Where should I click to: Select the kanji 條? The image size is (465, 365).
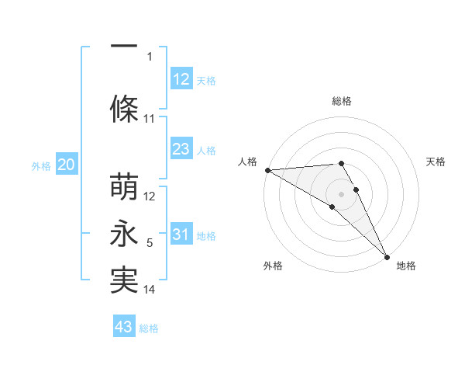coord(124,109)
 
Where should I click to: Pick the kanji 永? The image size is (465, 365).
coord(124,235)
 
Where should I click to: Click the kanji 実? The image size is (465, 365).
coord(124,280)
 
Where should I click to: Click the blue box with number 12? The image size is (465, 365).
coord(181,78)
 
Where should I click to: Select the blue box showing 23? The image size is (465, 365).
coord(181,149)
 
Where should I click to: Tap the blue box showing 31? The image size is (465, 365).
coord(181,235)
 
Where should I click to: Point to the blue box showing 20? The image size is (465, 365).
coord(67,165)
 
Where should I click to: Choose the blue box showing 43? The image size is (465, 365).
coord(124,327)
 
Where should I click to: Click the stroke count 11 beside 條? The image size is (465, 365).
coord(150,119)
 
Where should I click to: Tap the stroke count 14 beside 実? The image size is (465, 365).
coord(150,290)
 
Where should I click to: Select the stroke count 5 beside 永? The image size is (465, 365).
coord(150,243)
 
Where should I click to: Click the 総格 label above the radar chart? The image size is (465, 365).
coord(341,101)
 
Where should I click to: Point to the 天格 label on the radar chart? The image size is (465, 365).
coord(436,162)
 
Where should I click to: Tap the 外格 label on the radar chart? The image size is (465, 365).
coord(273,266)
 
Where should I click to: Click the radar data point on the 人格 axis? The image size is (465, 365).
coord(267,169)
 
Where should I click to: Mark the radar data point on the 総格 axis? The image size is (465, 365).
coord(341,163)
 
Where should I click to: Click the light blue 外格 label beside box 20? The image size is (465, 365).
coord(41,165)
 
